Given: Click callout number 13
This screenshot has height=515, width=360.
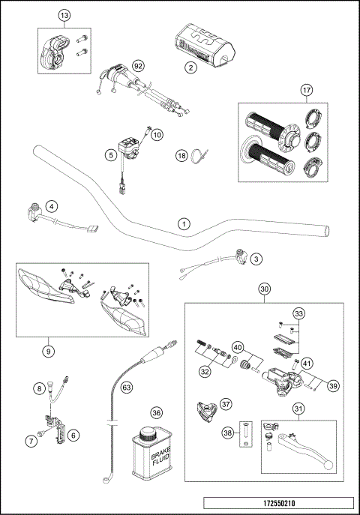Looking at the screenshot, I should tap(64, 16).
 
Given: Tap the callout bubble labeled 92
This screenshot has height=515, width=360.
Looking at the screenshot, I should tap(137, 67).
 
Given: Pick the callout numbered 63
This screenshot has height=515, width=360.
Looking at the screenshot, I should tap(127, 387).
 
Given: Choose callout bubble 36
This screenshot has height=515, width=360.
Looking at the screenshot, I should tap(156, 412).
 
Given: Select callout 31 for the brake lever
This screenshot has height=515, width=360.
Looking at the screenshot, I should tap(299, 409).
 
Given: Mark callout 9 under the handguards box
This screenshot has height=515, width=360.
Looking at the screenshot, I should tap(49, 349).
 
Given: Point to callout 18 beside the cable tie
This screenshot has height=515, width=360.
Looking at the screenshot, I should tap(181, 155).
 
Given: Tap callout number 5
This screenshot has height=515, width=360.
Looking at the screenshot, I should tap(110, 154).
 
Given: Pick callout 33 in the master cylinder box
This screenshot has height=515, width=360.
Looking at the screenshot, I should tap(299, 313).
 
